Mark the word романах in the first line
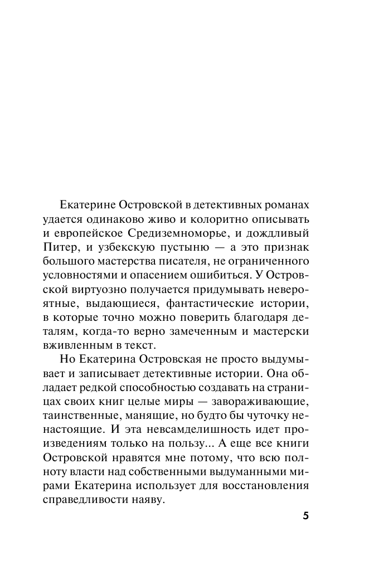click(x=283, y=202)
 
